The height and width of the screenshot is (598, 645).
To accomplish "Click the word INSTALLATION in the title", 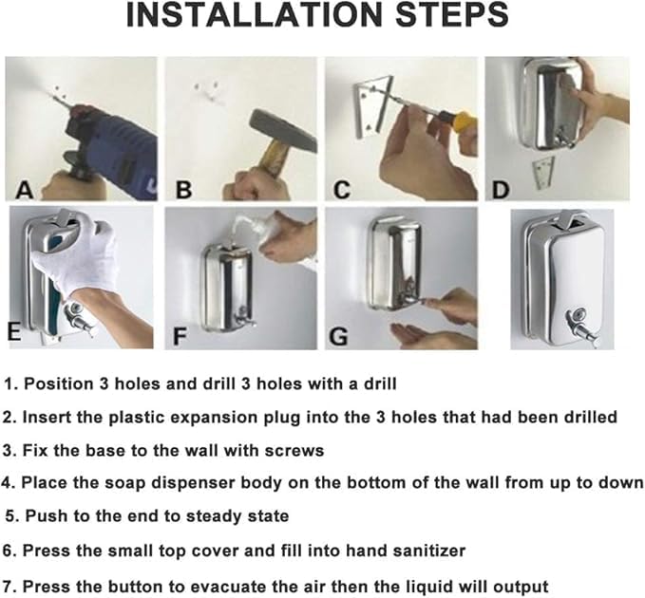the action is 255,15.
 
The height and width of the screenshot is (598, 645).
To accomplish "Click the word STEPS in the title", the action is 451,15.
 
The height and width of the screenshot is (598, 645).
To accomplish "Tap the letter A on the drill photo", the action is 25,190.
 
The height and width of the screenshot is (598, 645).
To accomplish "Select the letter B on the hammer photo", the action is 183,190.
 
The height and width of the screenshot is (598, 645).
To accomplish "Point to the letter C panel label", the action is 342,190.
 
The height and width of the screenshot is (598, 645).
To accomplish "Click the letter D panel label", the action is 501,190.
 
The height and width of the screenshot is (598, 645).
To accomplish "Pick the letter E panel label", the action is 14,331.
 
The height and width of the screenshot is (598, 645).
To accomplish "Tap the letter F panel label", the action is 180,336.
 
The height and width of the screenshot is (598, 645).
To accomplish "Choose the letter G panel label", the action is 338,336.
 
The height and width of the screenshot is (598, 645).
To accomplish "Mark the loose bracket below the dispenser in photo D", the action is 543,173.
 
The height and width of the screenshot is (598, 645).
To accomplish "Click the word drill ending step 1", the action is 380,383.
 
